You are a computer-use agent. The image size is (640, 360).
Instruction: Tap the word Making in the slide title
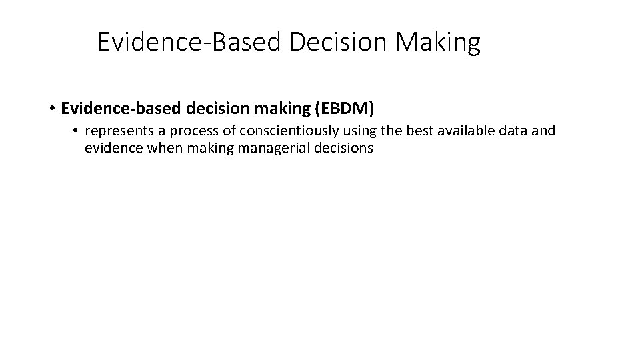point(439,43)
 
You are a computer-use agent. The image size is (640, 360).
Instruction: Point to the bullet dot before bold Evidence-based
point(51,107)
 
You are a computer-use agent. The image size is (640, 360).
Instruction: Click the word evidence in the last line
point(111,149)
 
